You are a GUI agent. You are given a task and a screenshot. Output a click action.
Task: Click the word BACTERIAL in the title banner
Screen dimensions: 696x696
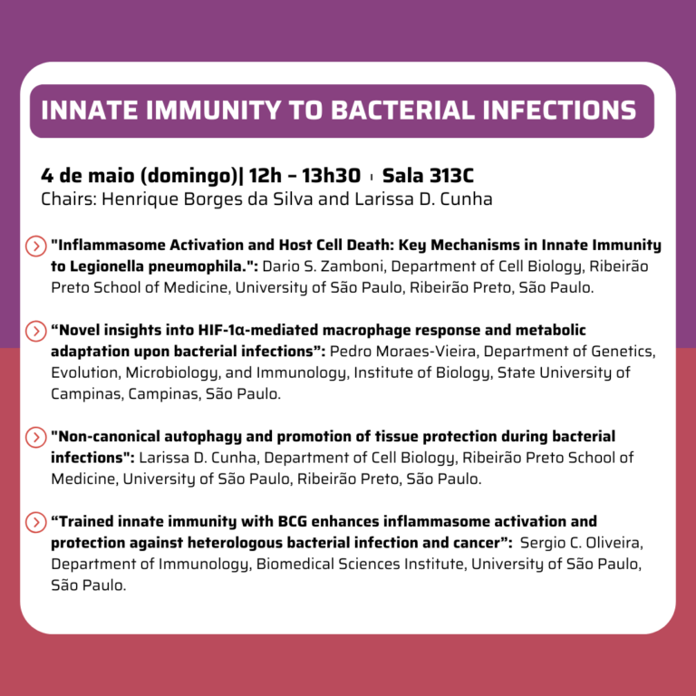[x=403, y=110]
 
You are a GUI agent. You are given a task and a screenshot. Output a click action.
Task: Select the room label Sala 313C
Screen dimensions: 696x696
[x=428, y=175]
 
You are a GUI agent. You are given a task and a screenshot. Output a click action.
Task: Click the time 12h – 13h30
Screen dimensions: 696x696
[x=304, y=175]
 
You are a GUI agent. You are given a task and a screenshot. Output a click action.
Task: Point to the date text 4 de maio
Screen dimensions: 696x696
[x=87, y=175]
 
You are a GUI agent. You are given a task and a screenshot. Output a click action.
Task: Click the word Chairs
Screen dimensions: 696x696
[x=68, y=199]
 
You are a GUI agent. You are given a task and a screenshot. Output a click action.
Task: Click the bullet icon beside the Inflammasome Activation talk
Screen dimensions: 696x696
[x=36, y=246]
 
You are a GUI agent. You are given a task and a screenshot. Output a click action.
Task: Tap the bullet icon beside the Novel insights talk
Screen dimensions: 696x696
[x=36, y=331]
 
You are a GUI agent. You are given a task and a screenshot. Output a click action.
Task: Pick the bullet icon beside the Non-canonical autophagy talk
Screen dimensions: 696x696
[x=36, y=437]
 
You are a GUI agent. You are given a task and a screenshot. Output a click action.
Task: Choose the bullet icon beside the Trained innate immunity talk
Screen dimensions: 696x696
[x=36, y=522]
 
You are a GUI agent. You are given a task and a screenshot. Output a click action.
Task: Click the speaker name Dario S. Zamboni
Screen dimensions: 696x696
[x=323, y=266]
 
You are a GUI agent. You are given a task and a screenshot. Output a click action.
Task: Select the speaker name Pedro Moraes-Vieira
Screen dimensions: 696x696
[x=402, y=352]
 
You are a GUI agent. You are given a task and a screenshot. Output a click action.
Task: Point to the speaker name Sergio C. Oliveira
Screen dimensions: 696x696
[x=581, y=543]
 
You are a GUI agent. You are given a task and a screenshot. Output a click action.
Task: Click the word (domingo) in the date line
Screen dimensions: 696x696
[x=189, y=176]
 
